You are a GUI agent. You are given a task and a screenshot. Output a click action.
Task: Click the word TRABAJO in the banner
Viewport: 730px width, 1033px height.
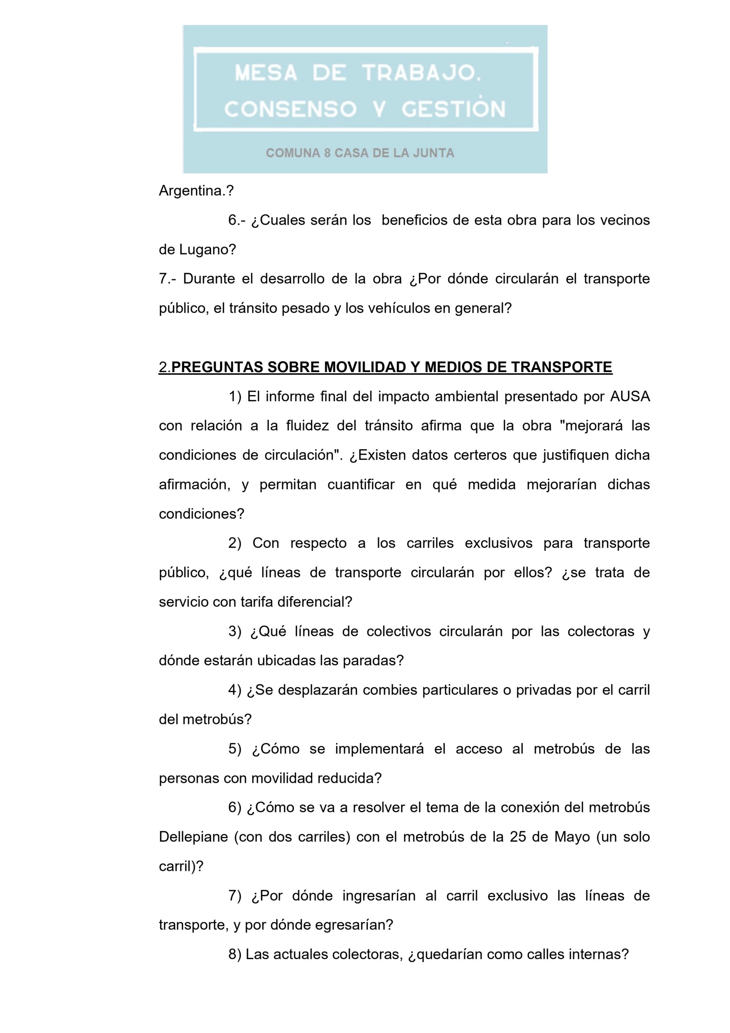point(420,73)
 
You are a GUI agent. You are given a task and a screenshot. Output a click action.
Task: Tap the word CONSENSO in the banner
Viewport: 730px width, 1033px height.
point(290,109)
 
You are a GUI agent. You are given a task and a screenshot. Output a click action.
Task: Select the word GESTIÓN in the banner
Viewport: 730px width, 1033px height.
point(453,109)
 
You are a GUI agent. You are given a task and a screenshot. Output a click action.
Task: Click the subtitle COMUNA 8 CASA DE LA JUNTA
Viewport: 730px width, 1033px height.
point(360,153)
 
